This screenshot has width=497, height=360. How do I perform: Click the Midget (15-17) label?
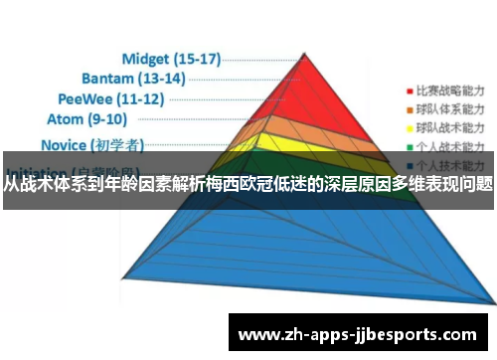[170, 59]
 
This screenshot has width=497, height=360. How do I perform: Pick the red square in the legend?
[407, 89]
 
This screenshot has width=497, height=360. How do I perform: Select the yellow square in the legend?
[407, 128]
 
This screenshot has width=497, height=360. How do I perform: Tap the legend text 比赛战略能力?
[450, 89]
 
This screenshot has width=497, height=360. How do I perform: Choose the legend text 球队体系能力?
[450, 108]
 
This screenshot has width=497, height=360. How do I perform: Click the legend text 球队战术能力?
[450, 128]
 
